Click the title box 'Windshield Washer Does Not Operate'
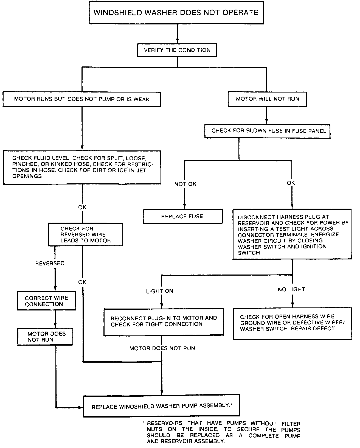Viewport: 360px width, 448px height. point(176,13)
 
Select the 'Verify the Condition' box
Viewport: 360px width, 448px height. point(177,50)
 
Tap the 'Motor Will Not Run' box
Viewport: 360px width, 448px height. point(267,99)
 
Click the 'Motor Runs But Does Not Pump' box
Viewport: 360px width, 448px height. point(82,99)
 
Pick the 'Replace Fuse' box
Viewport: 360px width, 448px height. point(183,217)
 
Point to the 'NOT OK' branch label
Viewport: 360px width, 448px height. point(185,184)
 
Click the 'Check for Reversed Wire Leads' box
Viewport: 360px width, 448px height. point(85,235)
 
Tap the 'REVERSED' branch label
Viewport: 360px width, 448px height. point(50,264)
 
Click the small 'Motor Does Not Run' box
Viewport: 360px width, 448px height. point(45,337)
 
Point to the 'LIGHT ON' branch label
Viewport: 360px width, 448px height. point(159,291)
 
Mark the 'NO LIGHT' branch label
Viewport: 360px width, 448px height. point(291,289)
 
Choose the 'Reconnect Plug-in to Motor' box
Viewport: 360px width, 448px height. point(164,321)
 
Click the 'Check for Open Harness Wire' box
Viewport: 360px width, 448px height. point(292,323)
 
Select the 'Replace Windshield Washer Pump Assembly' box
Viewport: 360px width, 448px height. point(161,406)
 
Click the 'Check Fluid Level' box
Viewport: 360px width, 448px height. point(82,167)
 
